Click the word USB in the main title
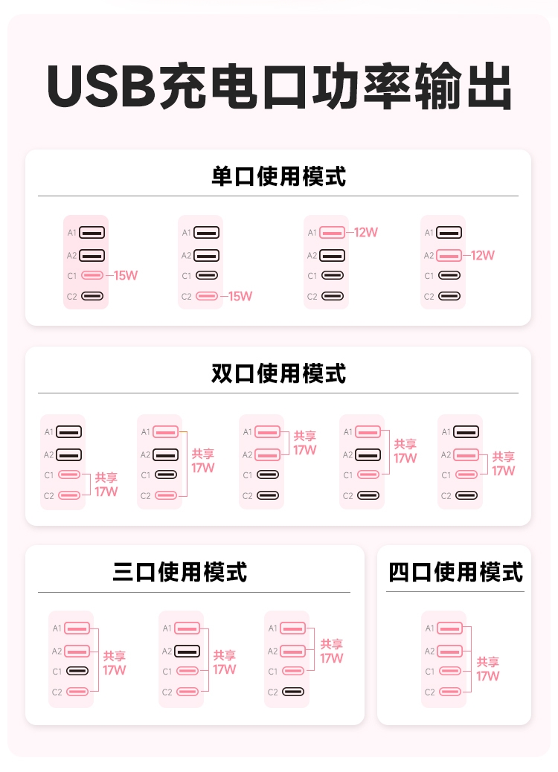(x=101, y=86)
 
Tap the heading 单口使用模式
(x=279, y=176)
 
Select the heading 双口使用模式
(x=279, y=373)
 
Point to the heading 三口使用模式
(x=180, y=572)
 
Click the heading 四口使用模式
(x=455, y=572)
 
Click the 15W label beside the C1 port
(x=126, y=275)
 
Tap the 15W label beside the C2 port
(x=240, y=296)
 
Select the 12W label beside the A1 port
(x=366, y=232)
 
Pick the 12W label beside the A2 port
(x=483, y=255)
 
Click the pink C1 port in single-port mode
(x=92, y=275)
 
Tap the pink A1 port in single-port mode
(x=332, y=232)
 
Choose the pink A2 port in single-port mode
(x=449, y=256)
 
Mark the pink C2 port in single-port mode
(x=207, y=296)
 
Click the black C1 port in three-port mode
(x=77, y=671)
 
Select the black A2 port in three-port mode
(x=187, y=651)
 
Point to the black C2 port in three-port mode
(x=293, y=692)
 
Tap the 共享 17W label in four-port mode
(x=487, y=669)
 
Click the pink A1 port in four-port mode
(x=449, y=628)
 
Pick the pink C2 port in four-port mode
(x=449, y=692)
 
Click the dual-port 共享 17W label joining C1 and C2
(x=106, y=484)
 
